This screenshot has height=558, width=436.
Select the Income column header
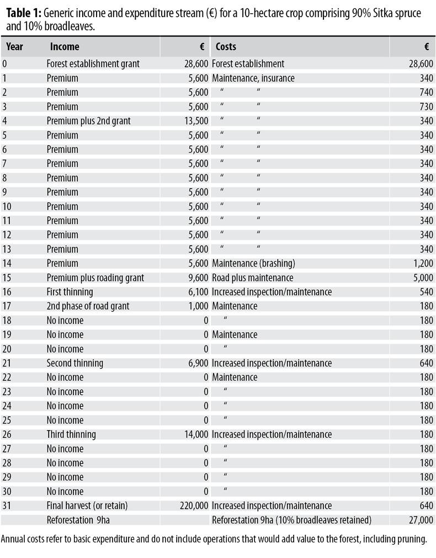pyautogui.click(x=65, y=47)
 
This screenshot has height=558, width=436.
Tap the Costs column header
pyautogui.click(x=226, y=47)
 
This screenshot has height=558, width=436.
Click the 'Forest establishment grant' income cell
pyautogui.click(x=93, y=64)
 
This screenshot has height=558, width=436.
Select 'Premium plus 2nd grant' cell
pyautogui.click(x=88, y=121)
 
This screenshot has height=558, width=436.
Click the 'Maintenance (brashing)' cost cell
pyautogui.click(x=253, y=263)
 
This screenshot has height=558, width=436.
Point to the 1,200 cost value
pyautogui.click(x=423, y=263)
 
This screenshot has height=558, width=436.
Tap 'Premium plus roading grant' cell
pyautogui.click(x=95, y=278)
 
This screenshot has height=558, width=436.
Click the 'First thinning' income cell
pyautogui.click(x=70, y=292)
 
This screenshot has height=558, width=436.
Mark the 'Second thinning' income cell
pyautogui.click(x=75, y=363)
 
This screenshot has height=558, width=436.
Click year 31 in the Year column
pyautogui.click(x=7, y=506)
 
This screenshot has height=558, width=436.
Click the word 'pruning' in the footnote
pyautogui.click(x=412, y=539)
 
